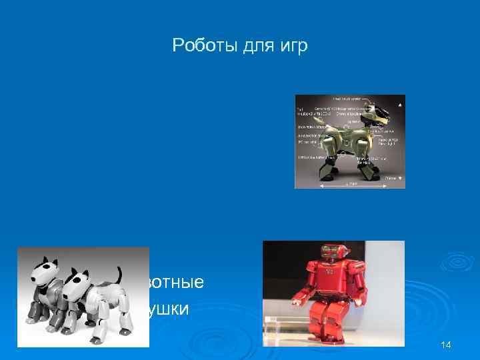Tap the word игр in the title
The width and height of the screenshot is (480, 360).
295,47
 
